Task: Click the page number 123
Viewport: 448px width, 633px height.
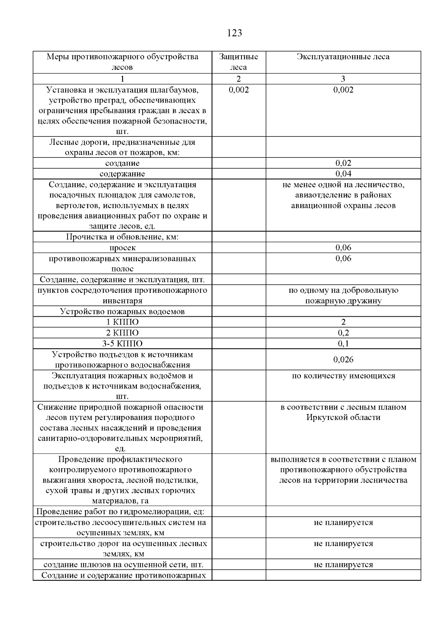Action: (x=234, y=33)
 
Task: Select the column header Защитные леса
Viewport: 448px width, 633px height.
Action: (x=239, y=62)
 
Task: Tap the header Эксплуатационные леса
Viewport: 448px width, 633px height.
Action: (x=343, y=57)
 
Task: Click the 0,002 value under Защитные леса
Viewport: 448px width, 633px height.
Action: (x=239, y=90)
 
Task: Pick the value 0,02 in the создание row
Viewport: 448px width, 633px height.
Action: (x=343, y=163)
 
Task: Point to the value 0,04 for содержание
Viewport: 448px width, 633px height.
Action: (x=343, y=173)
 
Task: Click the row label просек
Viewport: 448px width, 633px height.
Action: (x=122, y=248)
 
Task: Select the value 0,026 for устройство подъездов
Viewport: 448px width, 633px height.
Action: (x=343, y=360)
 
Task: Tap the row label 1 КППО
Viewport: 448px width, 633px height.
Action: (x=122, y=322)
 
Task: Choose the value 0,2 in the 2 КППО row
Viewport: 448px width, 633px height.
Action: (x=343, y=333)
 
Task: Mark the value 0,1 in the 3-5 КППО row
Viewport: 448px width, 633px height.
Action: (x=343, y=344)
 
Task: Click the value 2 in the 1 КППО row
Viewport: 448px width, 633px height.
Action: (x=343, y=322)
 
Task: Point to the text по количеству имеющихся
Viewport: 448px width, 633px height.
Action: (x=343, y=376)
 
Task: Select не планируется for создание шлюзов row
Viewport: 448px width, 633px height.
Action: (x=343, y=564)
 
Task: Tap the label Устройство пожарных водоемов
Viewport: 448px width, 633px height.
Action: (x=122, y=311)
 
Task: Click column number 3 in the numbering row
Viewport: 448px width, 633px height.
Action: (x=343, y=79)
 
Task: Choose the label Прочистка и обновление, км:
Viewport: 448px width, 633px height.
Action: (x=122, y=237)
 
